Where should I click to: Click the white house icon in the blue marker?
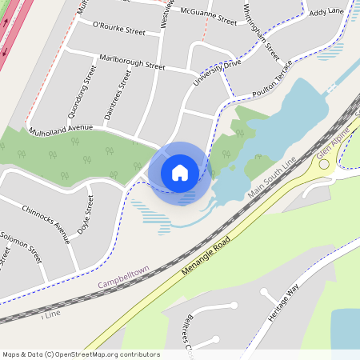pos(180,172)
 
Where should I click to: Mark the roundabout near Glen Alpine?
pos(325,164)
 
